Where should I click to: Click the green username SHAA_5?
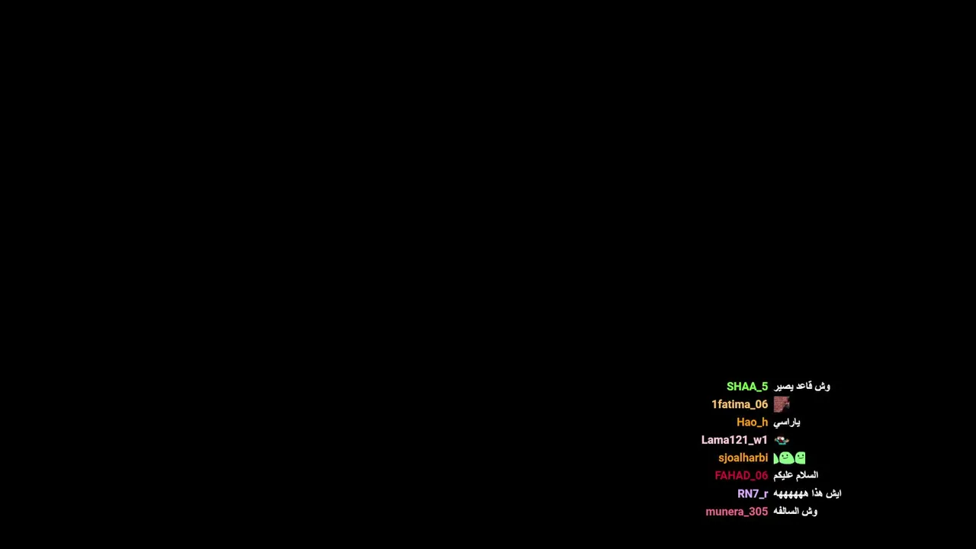tap(746, 387)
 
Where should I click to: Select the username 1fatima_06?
tap(740, 404)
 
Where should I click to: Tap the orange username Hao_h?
tap(752, 422)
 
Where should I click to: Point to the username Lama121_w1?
tap(734, 440)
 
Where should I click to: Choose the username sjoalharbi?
tap(743, 458)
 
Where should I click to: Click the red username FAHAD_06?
tap(741, 475)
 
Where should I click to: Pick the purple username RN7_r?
tap(753, 493)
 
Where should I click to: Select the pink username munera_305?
tap(737, 512)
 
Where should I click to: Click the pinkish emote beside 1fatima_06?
tap(782, 404)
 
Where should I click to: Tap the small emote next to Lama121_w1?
tap(782, 440)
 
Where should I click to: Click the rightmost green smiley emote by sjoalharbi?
tap(800, 458)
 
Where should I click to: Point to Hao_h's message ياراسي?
tap(786, 422)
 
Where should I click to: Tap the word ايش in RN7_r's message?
tap(834, 493)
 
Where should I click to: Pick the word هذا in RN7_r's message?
tap(817, 493)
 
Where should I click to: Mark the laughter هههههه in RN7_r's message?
tap(791, 493)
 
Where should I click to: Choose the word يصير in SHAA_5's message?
tap(783, 387)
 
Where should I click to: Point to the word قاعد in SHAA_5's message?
tap(804, 386)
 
